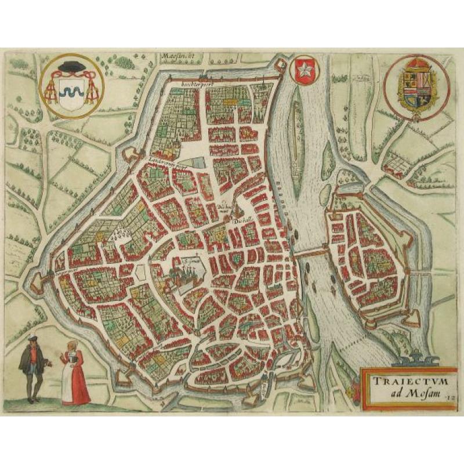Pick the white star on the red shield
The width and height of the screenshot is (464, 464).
tap(301, 70)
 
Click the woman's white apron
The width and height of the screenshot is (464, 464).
tap(68, 380)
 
